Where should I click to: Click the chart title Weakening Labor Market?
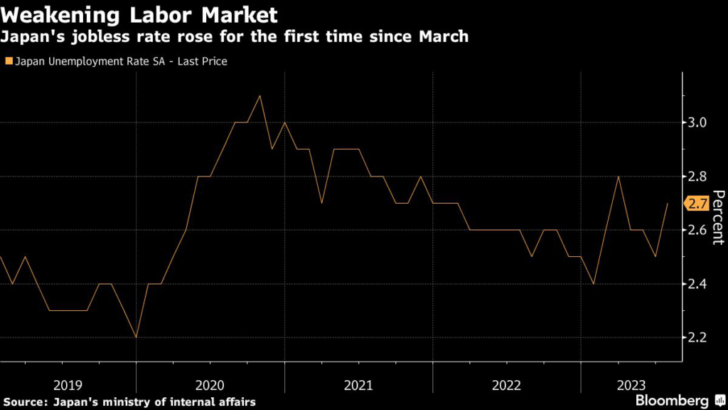pos(139,15)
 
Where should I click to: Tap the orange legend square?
pos(8,61)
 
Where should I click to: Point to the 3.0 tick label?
pos(697,122)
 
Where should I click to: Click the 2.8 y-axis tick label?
pos(697,177)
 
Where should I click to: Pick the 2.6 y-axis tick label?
pos(697,231)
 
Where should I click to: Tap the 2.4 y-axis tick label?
pos(697,284)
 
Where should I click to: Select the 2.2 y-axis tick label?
pos(697,338)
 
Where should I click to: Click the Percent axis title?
pos(717,217)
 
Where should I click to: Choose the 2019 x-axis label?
pos(68,385)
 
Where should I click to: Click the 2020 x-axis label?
pos(210,385)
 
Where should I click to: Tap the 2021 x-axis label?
pos(358,385)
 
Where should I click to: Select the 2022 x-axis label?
pos(507,385)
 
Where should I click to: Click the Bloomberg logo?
pos(680,400)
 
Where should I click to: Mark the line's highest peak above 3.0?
pos(259,95)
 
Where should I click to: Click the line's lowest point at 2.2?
pos(135,337)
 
